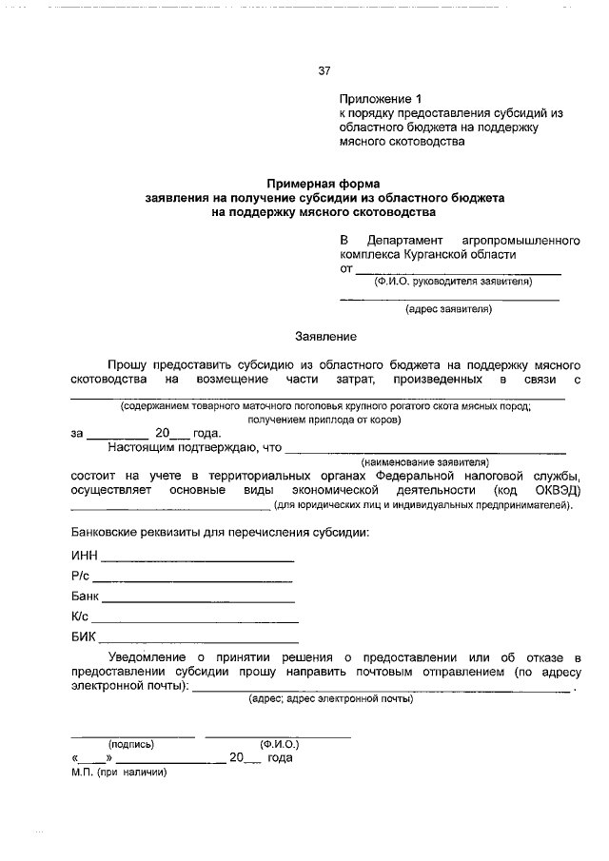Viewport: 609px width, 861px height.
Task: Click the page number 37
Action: coord(324,71)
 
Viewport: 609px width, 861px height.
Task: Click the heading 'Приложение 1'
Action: coord(380,99)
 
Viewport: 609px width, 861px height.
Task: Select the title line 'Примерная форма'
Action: coord(324,183)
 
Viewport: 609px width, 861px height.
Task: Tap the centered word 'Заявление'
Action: coord(325,337)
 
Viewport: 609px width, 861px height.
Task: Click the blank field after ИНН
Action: coord(197,558)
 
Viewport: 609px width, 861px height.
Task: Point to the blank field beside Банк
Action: coord(198,599)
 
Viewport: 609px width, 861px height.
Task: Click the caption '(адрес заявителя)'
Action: coord(448,309)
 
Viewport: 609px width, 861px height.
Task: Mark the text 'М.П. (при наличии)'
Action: coord(118,772)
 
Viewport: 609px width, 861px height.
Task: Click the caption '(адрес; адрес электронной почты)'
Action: coord(330,699)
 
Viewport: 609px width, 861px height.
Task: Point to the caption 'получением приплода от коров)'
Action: coord(324,419)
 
